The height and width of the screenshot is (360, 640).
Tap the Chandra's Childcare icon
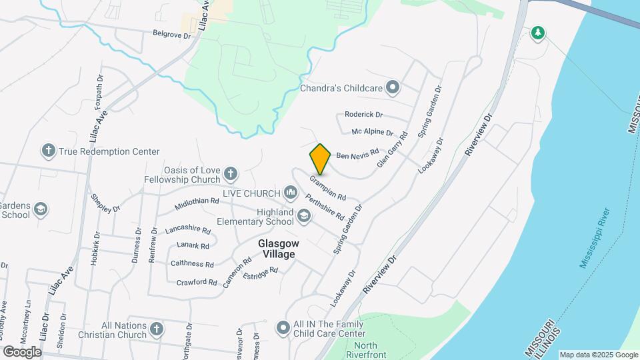click(x=393, y=87)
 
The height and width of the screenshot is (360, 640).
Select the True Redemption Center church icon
click(x=48, y=151)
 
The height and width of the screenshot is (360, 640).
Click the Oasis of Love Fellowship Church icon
click(x=230, y=175)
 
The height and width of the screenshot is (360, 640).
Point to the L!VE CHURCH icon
click(x=290, y=193)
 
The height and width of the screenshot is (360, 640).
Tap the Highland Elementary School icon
click(x=304, y=215)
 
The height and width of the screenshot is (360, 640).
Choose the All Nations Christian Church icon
click(x=156, y=329)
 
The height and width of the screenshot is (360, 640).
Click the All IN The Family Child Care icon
click(x=283, y=327)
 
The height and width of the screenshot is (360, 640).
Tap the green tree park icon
click(x=538, y=32)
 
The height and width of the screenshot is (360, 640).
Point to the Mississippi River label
click(x=595, y=238)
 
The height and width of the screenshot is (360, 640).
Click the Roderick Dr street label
click(x=363, y=115)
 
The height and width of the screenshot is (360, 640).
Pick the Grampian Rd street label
click(x=327, y=188)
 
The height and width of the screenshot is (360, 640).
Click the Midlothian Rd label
click(x=197, y=201)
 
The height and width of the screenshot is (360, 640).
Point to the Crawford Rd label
click(x=197, y=282)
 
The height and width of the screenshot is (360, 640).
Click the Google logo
click(x=22, y=351)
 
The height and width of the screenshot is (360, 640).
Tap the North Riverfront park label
click(x=366, y=350)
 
